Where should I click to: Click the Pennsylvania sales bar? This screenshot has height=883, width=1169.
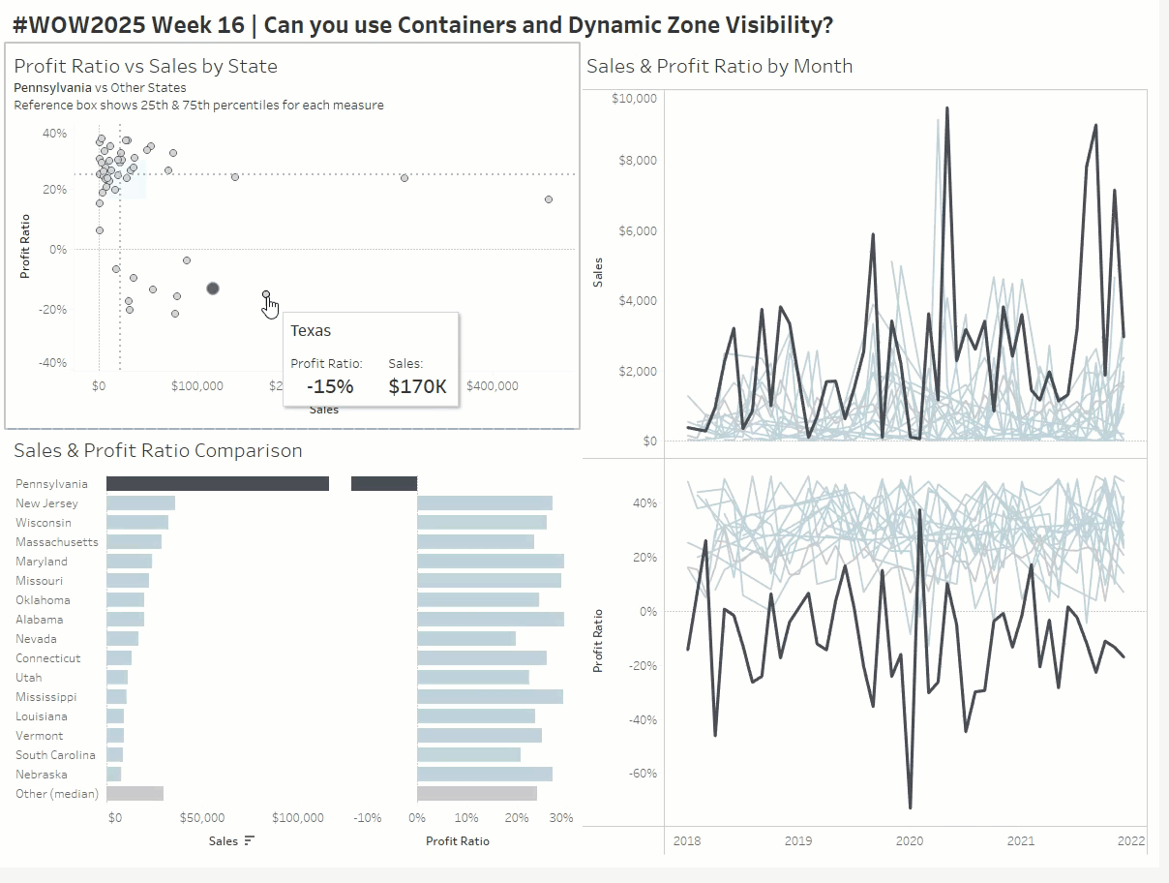217,483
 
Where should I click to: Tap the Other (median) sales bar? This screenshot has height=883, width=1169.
135,794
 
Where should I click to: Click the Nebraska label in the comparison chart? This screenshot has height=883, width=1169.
42,775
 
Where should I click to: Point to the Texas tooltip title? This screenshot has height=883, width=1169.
311,331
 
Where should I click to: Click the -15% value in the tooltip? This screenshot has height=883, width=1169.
330,386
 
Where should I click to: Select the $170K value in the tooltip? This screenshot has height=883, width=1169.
417,386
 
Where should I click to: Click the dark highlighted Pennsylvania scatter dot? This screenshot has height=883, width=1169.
213,289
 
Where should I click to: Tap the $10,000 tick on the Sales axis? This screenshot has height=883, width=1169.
636,99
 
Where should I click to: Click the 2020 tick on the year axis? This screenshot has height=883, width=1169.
910,841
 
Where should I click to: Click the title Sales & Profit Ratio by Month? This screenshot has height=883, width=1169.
719,66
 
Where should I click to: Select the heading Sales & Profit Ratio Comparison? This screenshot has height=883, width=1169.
158,450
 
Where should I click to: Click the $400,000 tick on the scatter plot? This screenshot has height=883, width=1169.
492,386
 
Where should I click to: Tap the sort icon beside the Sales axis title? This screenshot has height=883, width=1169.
250,840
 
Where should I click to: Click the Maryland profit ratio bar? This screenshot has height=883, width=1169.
490,562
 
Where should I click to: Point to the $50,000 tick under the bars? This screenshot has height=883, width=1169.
202,818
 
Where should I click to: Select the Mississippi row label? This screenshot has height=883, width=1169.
45,697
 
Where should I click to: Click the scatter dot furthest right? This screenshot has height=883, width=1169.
549,199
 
